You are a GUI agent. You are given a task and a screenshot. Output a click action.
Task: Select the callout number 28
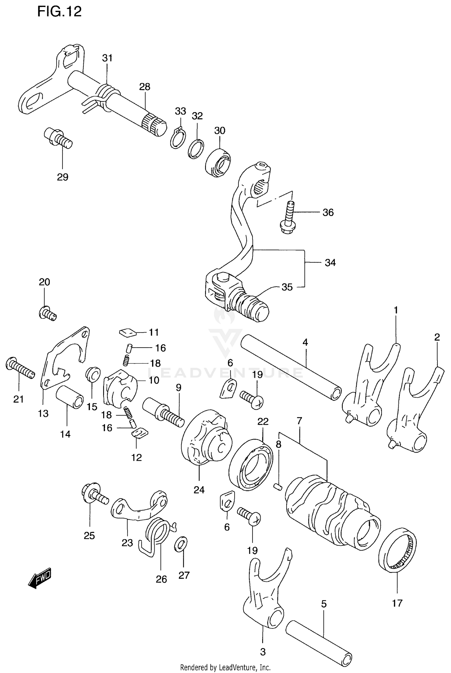click(x=145, y=87)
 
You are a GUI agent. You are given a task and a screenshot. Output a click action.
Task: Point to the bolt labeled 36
click(x=288, y=218)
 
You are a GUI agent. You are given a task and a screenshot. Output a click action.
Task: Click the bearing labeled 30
click(x=218, y=162)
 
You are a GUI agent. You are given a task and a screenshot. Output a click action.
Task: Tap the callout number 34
click(x=330, y=263)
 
